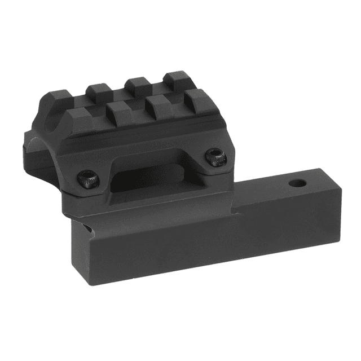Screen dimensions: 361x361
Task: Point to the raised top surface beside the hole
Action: coord(271,192)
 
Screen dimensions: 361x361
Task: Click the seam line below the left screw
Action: coord(90,195)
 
